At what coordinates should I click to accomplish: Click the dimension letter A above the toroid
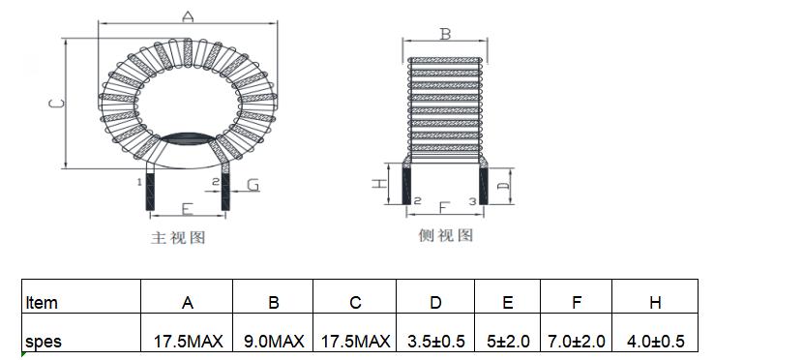[x=188, y=16]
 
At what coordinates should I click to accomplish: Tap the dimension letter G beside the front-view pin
[x=253, y=184]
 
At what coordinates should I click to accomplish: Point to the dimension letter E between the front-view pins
[x=187, y=207]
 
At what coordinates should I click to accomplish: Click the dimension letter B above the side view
[x=445, y=34]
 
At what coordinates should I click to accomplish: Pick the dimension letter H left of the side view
[x=381, y=181]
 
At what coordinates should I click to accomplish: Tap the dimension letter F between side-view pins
[x=444, y=206]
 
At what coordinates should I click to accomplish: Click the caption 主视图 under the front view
[x=178, y=237]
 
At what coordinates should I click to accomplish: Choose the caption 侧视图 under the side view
[x=445, y=235]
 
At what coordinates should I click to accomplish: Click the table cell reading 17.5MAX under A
[x=188, y=342]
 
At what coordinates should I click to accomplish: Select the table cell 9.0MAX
[x=273, y=342]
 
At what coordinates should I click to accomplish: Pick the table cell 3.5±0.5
[x=435, y=342]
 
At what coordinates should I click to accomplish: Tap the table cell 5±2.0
[x=507, y=342]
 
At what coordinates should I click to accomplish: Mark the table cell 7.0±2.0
[x=577, y=342]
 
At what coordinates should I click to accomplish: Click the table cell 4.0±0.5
[x=655, y=342]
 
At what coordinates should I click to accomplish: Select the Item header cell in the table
[x=42, y=303]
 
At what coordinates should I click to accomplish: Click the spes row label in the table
[x=44, y=342]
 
